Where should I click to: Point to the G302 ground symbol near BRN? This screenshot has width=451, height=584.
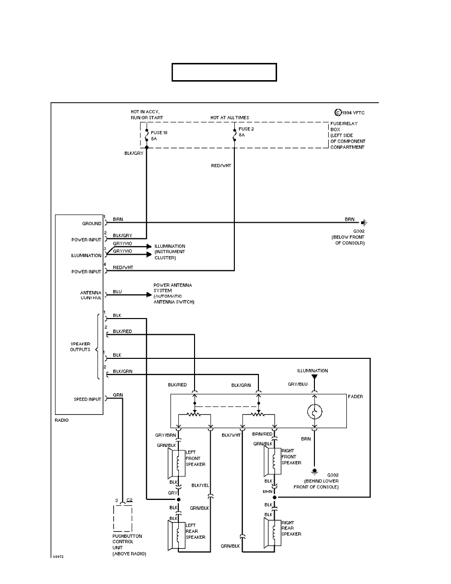[x=364, y=222]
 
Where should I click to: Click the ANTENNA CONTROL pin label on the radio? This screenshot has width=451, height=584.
[x=91, y=295]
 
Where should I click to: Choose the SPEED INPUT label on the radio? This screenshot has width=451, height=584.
[x=88, y=399]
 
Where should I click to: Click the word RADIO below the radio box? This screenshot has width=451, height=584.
[x=62, y=420]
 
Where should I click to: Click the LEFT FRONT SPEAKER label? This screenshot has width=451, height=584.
[x=195, y=458]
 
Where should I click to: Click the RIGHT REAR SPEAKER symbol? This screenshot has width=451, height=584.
[x=272, y=533]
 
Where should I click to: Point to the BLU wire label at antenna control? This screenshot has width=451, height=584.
[x=117, y=292]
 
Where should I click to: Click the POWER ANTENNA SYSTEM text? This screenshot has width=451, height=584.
[x=173, y=293]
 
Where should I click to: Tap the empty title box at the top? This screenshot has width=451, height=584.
[x=224, y=72]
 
